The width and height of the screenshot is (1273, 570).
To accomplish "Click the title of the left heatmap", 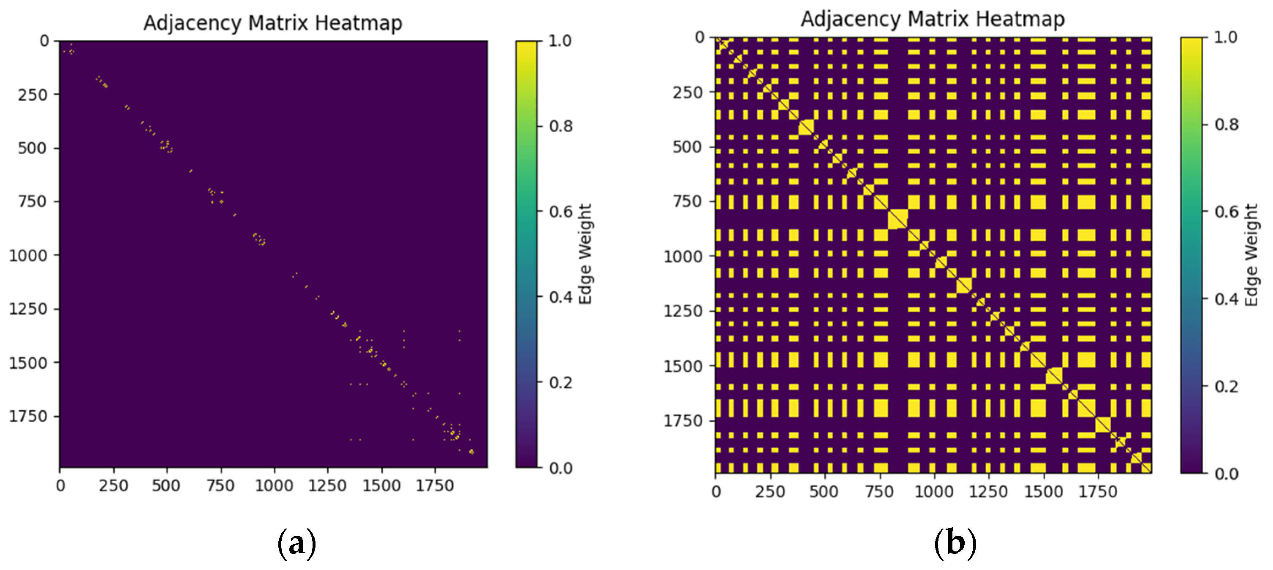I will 273,23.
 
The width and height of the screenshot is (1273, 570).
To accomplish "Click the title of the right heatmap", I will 933,19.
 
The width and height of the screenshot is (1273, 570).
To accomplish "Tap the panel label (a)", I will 296,543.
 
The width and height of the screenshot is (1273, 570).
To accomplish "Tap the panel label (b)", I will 955,543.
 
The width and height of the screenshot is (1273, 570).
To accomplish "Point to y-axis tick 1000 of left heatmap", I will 28,256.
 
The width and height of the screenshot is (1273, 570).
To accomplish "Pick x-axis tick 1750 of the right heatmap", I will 1098,492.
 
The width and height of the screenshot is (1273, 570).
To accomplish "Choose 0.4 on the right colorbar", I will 1227,299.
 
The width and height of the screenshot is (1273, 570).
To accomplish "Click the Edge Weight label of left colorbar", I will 585,254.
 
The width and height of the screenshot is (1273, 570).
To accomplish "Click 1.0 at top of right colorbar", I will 1226,37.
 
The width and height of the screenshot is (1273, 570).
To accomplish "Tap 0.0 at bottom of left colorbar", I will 561,468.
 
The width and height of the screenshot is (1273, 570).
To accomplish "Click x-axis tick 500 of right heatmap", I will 824,492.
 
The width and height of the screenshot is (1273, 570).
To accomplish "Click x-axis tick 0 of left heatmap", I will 60,486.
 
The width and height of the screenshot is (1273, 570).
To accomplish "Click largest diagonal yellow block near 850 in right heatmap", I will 898,219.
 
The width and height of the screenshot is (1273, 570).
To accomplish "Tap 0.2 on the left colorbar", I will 561,383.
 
